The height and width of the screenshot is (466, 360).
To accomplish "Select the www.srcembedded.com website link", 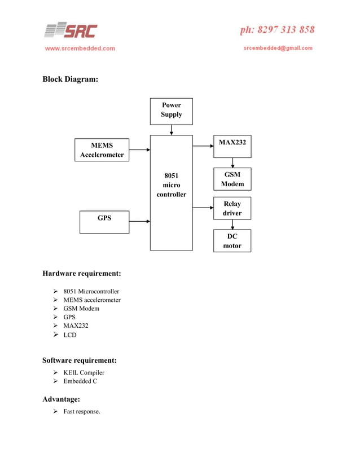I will (x=80, y=49).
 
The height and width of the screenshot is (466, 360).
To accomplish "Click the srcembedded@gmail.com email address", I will (x=278, y=48).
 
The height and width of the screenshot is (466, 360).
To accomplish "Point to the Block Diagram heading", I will (x=71, y=80).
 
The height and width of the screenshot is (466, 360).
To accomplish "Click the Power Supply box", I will (x=171, y=111).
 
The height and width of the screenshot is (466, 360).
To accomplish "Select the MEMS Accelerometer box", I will (x=102, y=150).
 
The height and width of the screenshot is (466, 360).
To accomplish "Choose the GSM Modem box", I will (x=232, y=179).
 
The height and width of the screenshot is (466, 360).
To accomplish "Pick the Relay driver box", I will (x=232, y=208).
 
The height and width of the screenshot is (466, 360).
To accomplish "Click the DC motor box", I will (x=232, y=241).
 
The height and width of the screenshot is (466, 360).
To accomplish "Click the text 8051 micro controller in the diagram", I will (x=171, y=184).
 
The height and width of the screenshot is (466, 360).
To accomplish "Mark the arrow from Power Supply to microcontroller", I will (x=171, y=130).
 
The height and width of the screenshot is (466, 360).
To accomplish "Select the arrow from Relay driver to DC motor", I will (x=232, y=225).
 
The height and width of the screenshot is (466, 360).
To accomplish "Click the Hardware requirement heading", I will (x=82, y=274).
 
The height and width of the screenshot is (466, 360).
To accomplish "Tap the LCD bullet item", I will (x=70, y=335).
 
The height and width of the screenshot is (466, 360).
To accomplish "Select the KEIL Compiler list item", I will (x=84, y=372).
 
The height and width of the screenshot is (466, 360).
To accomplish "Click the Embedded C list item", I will (x=80, y=381).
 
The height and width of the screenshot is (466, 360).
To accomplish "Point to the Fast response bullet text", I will (x=82, y=411).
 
